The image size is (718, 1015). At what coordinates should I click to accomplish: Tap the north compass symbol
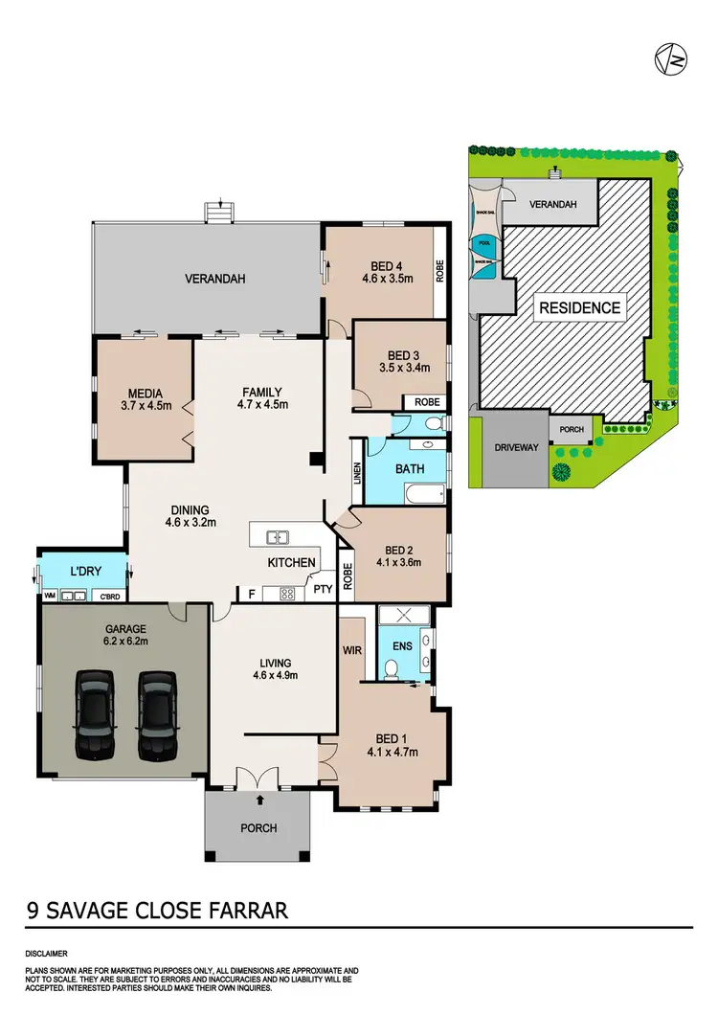point(671,60)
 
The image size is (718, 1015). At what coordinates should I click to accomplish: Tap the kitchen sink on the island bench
point(278,537)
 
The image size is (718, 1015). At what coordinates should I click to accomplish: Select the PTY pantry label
point(323,590)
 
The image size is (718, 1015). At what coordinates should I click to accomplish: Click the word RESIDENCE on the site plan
point(578,308)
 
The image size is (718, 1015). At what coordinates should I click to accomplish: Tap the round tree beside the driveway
point(561,471)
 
